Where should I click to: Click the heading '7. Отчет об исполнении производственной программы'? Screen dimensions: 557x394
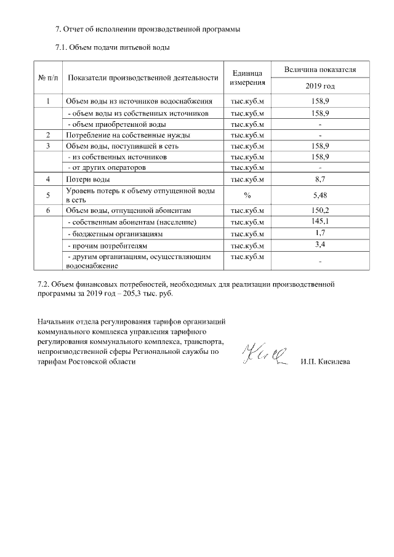(x=148, y=29)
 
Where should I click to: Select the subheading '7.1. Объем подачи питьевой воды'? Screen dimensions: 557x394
(x=113, y=47)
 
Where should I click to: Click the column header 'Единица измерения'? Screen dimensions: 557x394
(x=247, y=78)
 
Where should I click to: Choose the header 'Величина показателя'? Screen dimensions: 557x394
(x=320, y=70)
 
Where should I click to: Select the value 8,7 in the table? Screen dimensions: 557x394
(x=320, y=179)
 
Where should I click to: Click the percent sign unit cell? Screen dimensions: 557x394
(x=247, y=195)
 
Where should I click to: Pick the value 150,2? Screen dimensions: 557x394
(x=320, y=210)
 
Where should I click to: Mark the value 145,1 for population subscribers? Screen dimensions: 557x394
(x=320, y=221)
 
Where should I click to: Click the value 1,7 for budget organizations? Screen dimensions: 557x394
(x=320, y=233)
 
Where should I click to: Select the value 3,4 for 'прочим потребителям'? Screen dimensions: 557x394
(x=320, y=245)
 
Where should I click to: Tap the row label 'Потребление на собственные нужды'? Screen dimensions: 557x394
(x=127, y=135)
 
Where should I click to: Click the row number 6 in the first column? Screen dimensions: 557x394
(x=48, y=210)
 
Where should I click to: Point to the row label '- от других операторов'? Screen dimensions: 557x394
(x=107, y=167)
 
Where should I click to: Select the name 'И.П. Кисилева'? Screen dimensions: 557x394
(x=326, y=362)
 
